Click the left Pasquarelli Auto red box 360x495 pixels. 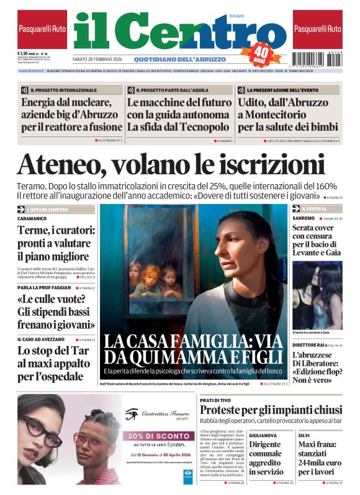click(42, 29)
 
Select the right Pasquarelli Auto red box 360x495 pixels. click(318, 29)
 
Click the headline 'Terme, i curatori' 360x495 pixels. click(56, 243)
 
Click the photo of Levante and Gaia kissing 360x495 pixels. click(317, 295)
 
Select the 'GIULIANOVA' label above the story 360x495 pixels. click(263, 435)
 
